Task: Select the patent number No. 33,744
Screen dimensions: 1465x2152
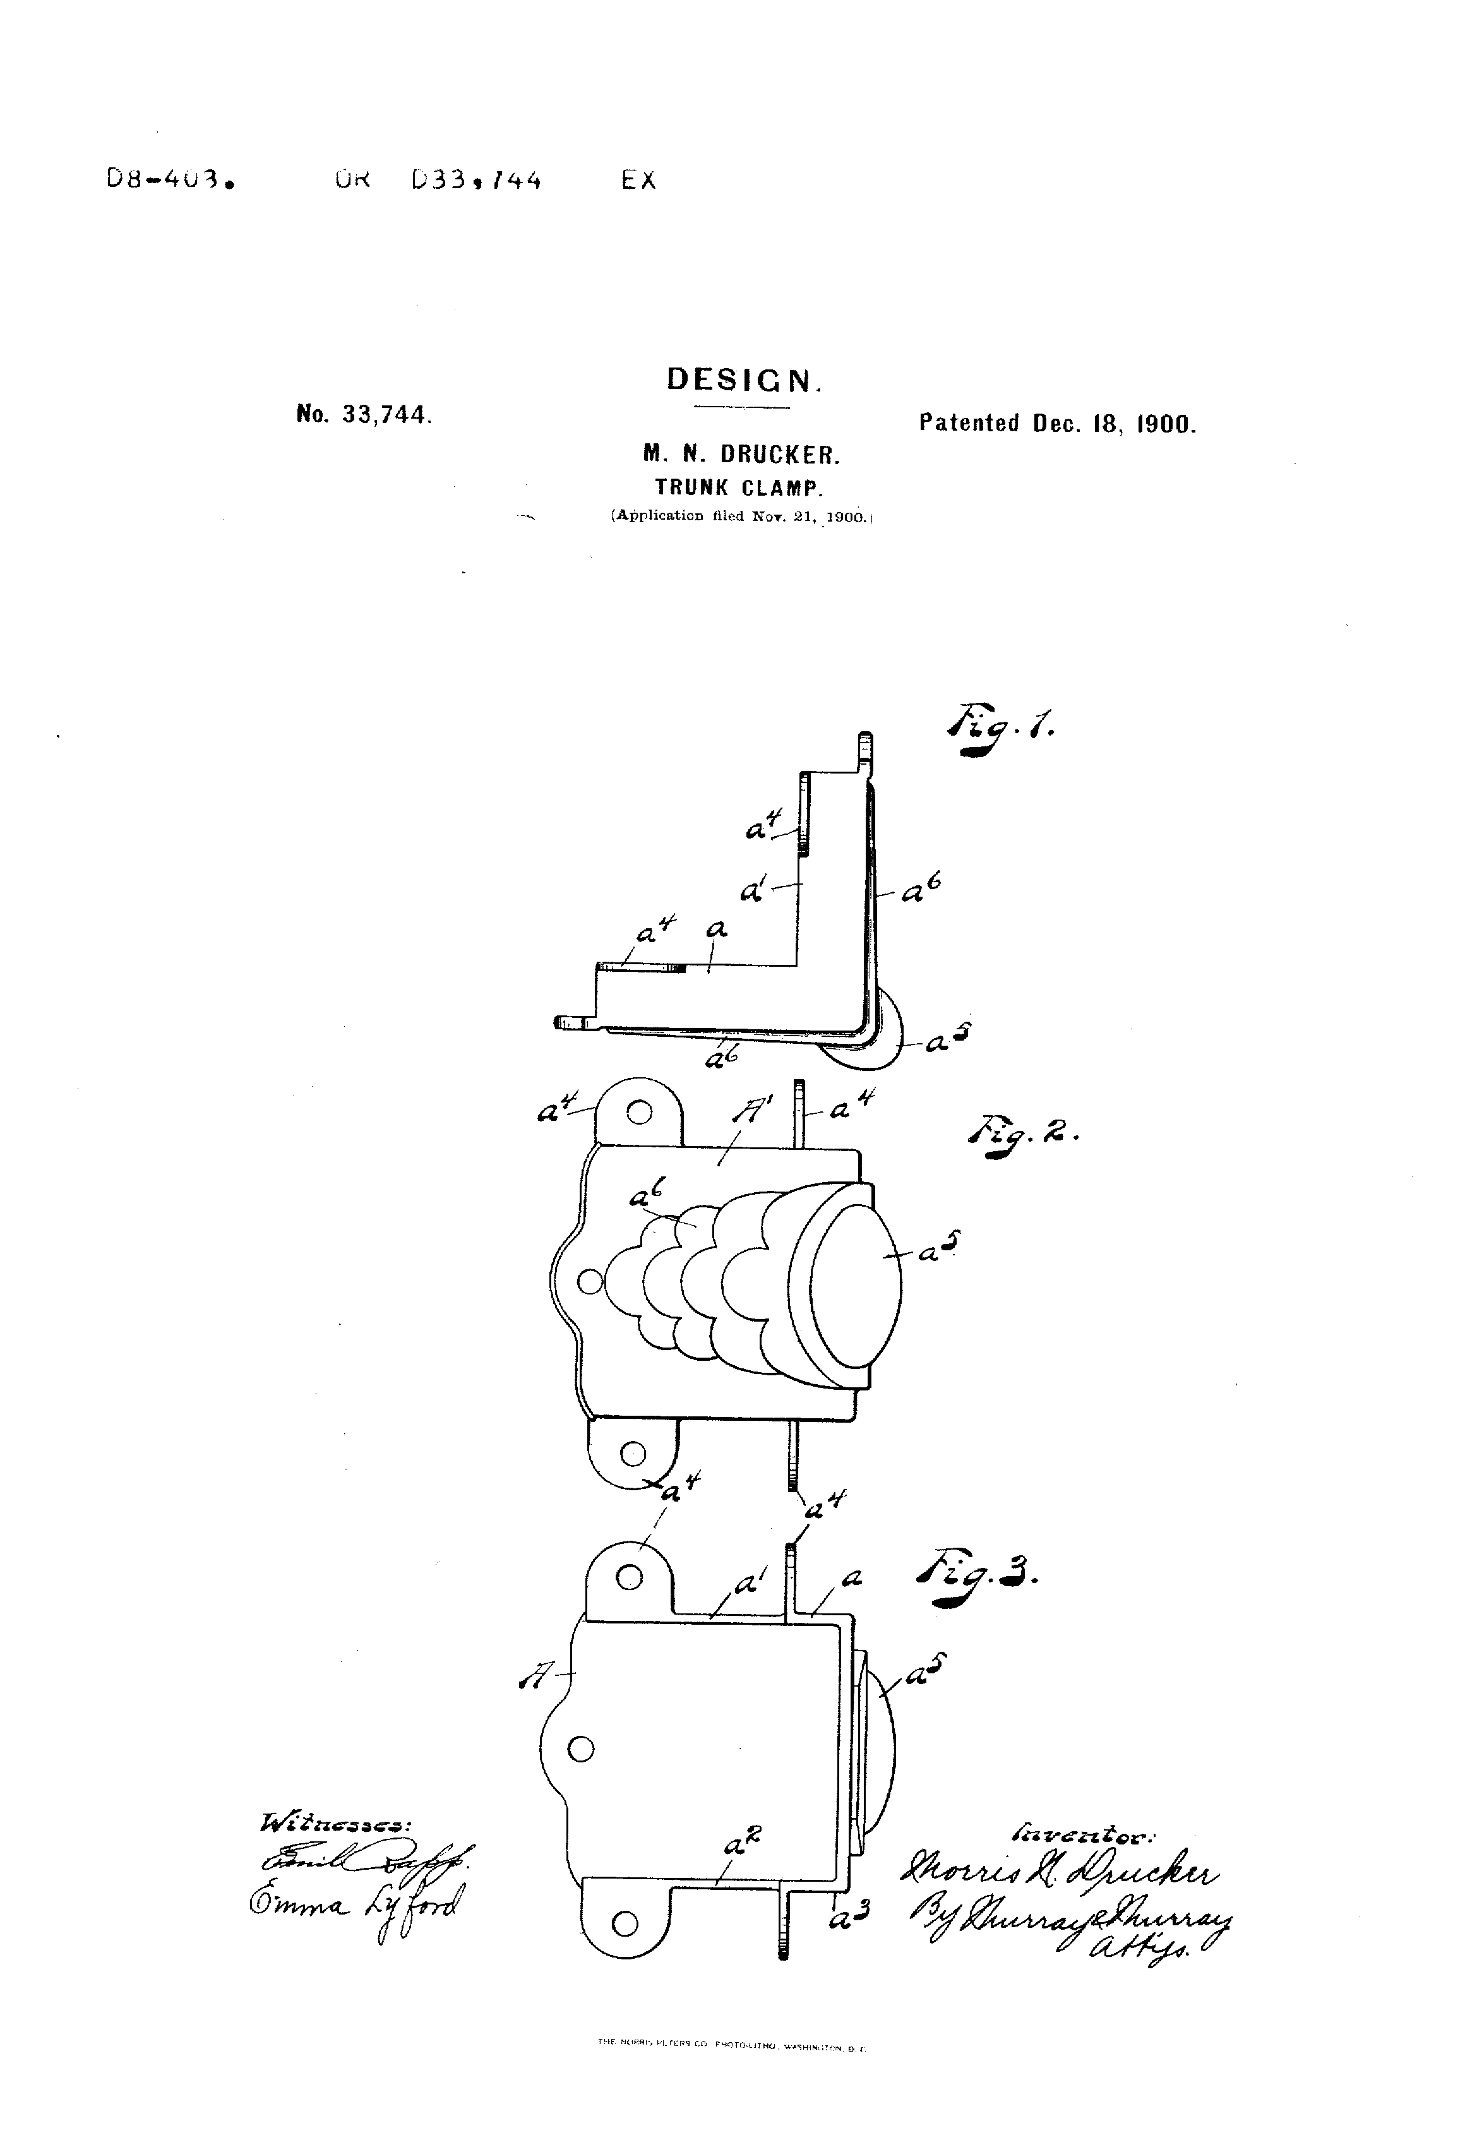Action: [x=364, y=415]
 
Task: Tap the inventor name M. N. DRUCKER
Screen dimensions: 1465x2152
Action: [x=742, y=455]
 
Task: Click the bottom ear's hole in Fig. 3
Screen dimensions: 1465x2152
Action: [x=625, y=1924]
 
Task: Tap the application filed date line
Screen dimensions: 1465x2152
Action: [x=741, y=516]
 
